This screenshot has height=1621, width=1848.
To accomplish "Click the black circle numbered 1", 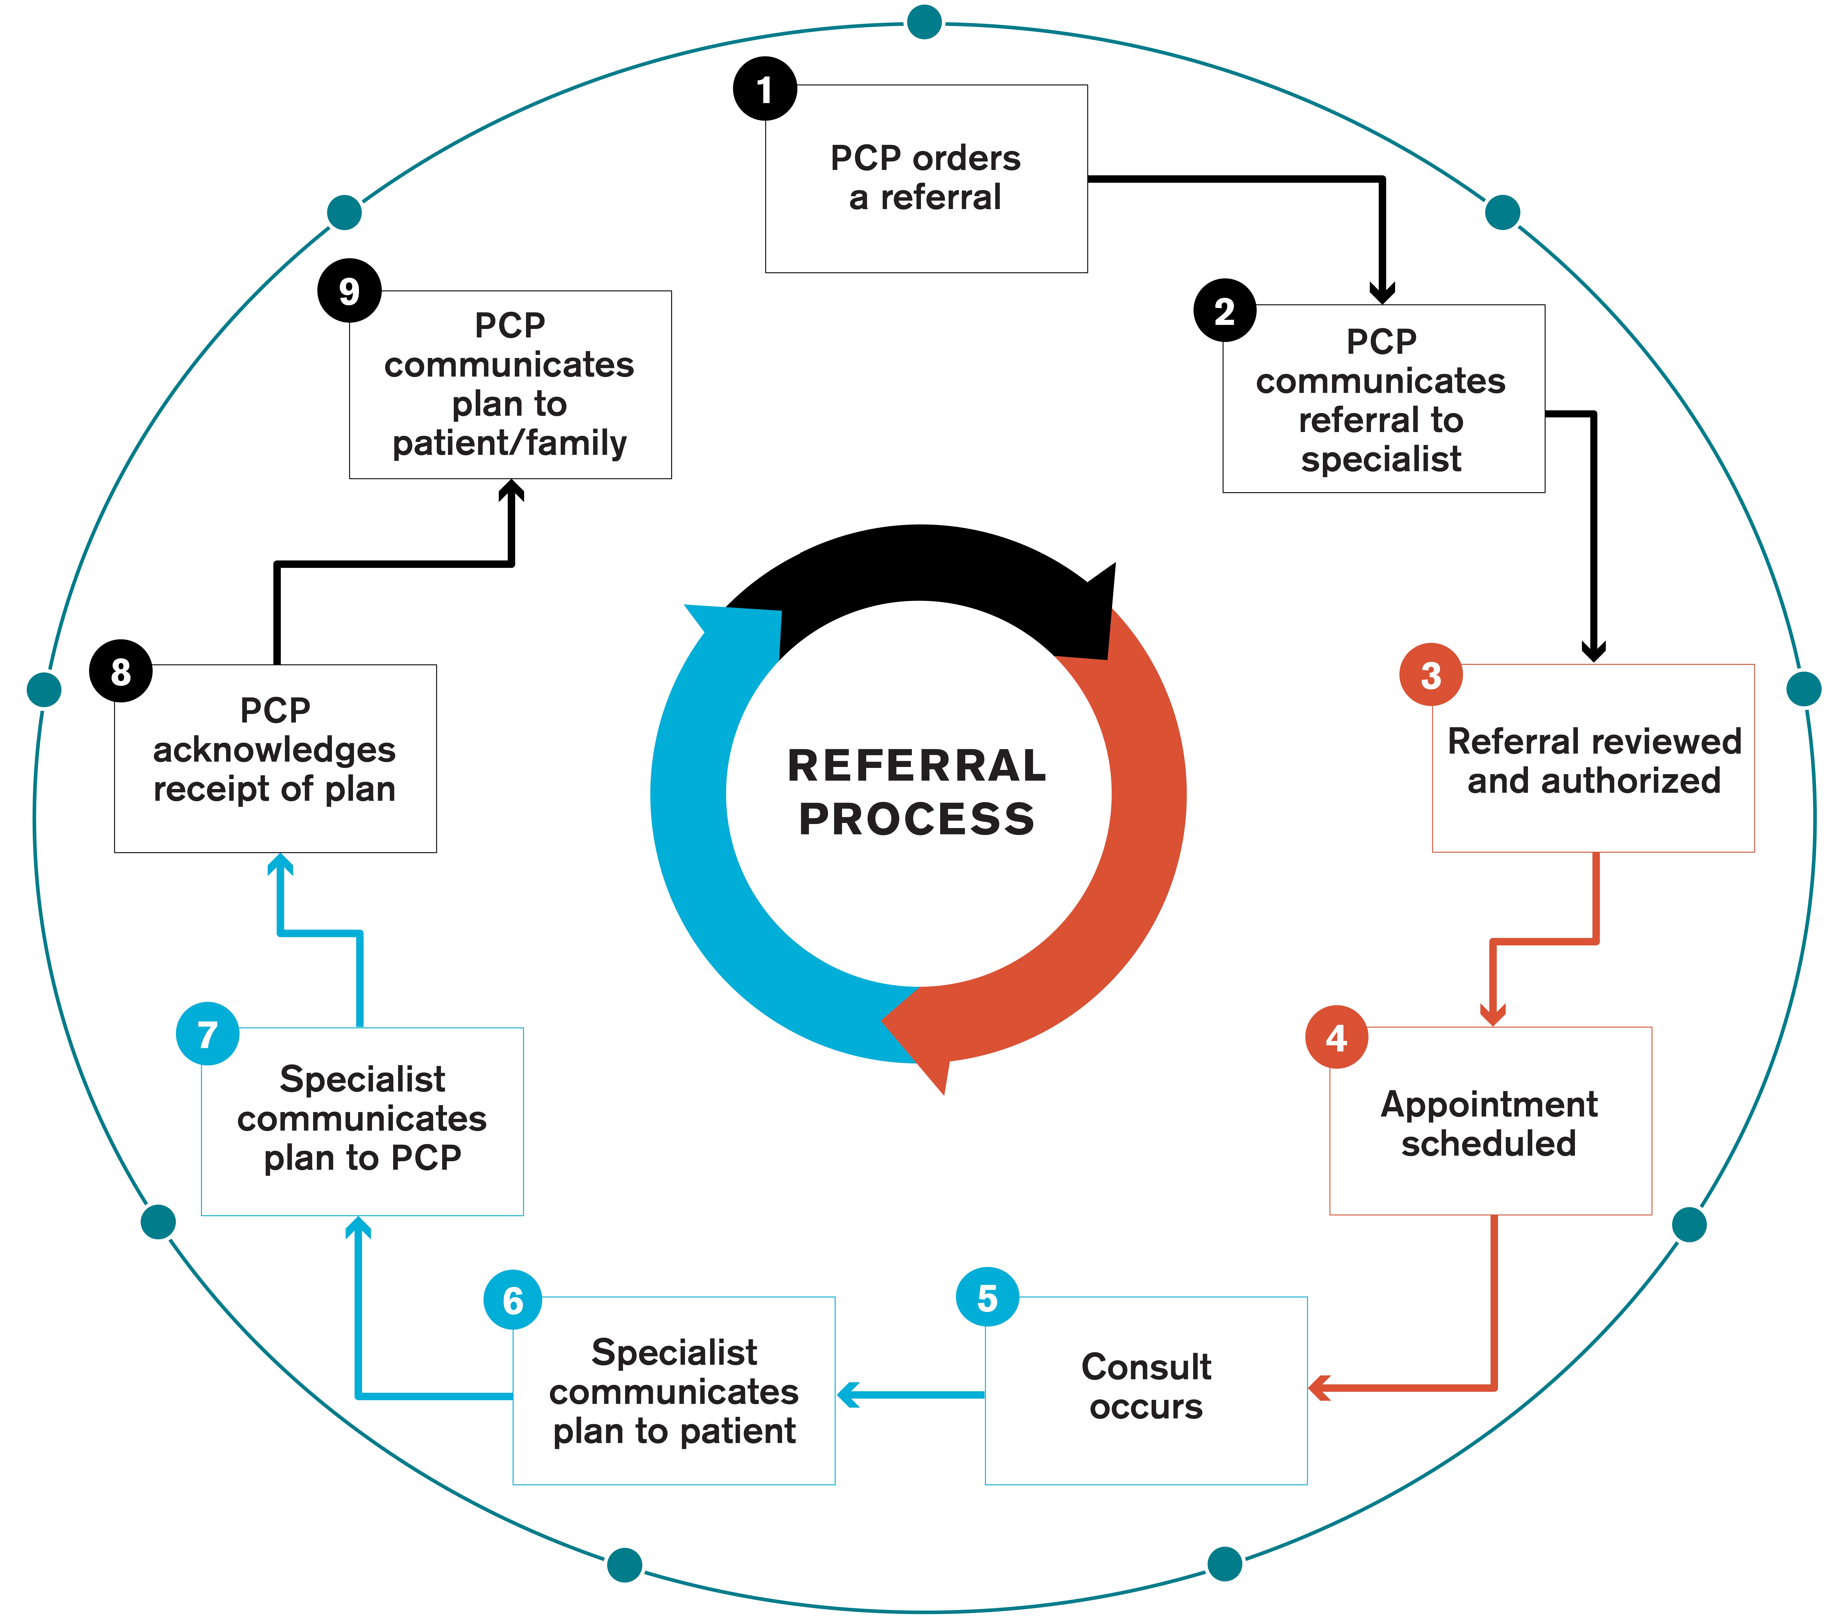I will pos(765,89).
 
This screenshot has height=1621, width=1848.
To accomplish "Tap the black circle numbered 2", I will pos(1224,310).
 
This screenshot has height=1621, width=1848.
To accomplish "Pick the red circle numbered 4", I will pos(1336,1037).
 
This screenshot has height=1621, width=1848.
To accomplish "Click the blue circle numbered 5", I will pos(987,1297).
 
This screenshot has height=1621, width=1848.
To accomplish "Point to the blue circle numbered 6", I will pos(513,1300).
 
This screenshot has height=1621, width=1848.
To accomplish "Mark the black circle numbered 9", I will pos(349,290).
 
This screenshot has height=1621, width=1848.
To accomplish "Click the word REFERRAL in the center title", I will pos(917,766).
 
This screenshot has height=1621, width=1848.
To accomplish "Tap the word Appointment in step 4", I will pos(1489,1104).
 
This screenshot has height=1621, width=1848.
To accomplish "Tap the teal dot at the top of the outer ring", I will pos(924,22).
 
